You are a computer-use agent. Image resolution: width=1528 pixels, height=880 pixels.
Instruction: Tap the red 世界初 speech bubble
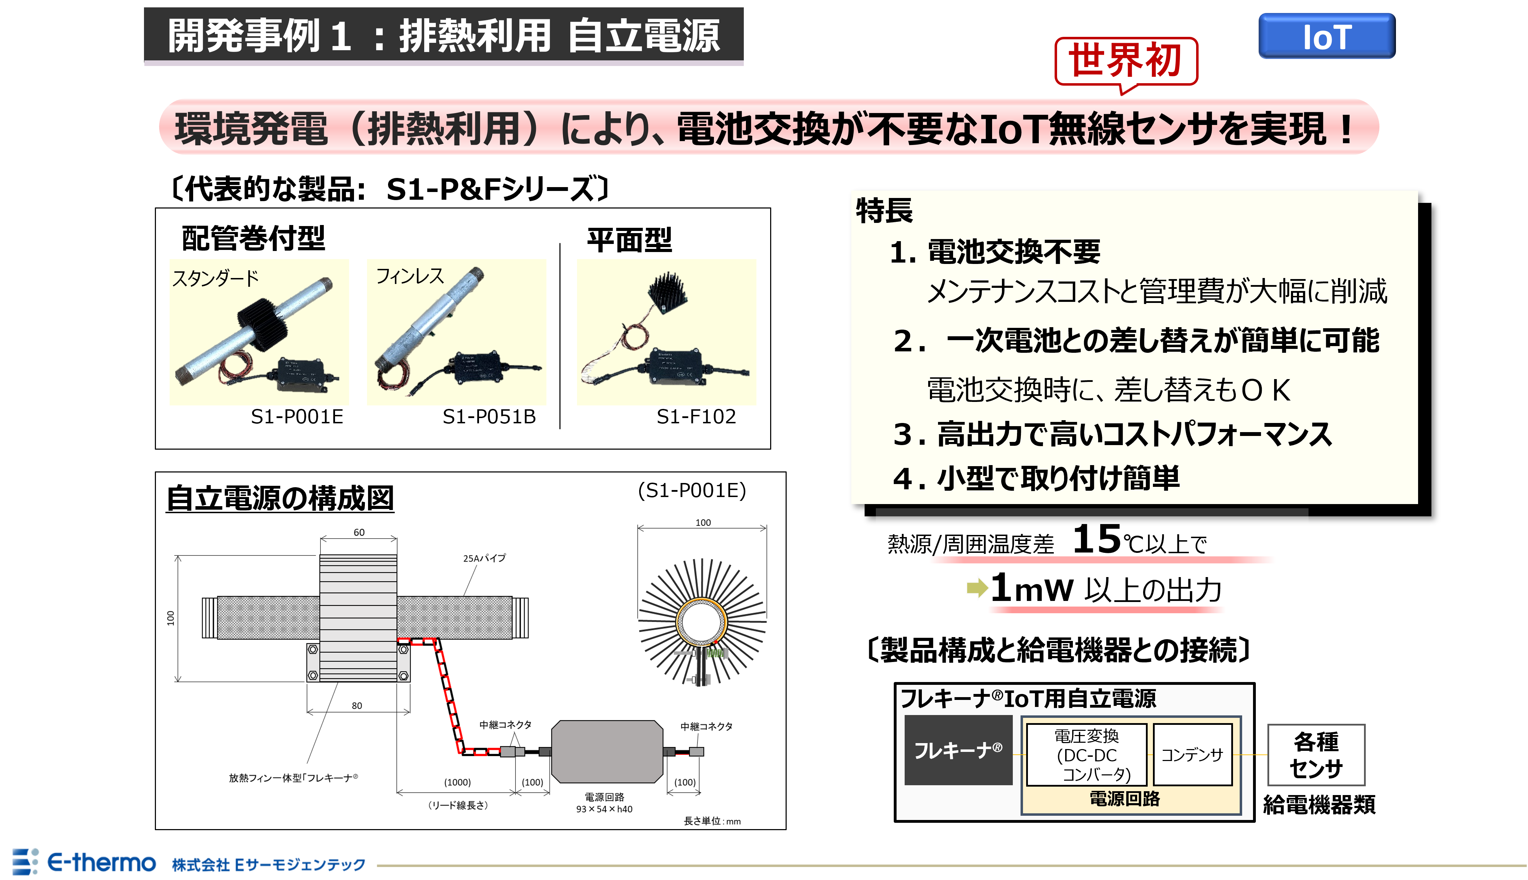(1125, 60)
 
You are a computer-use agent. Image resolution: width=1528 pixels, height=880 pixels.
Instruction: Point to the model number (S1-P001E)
(692, 490)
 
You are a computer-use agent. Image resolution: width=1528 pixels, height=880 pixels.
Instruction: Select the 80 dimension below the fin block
(357, 705)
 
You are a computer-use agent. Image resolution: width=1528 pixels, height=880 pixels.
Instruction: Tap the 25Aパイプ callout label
(484, 558)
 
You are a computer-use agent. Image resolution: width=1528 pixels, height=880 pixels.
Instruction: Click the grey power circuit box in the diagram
(606, 751)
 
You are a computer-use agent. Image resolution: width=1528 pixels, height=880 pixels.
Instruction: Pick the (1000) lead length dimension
(457, 782)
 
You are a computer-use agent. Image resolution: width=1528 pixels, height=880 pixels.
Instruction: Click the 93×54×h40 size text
(604, 809)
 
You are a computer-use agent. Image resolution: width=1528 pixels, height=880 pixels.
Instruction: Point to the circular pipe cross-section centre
(701, 622)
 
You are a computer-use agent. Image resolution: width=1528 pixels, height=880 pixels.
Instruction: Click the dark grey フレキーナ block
(958, 750)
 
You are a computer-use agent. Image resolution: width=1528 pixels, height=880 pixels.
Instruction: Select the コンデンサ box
(1192, 754)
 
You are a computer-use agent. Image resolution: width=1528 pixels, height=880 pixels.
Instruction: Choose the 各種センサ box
(1316, 755)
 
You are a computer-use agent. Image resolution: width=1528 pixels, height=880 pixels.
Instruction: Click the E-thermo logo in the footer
(85, 862)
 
